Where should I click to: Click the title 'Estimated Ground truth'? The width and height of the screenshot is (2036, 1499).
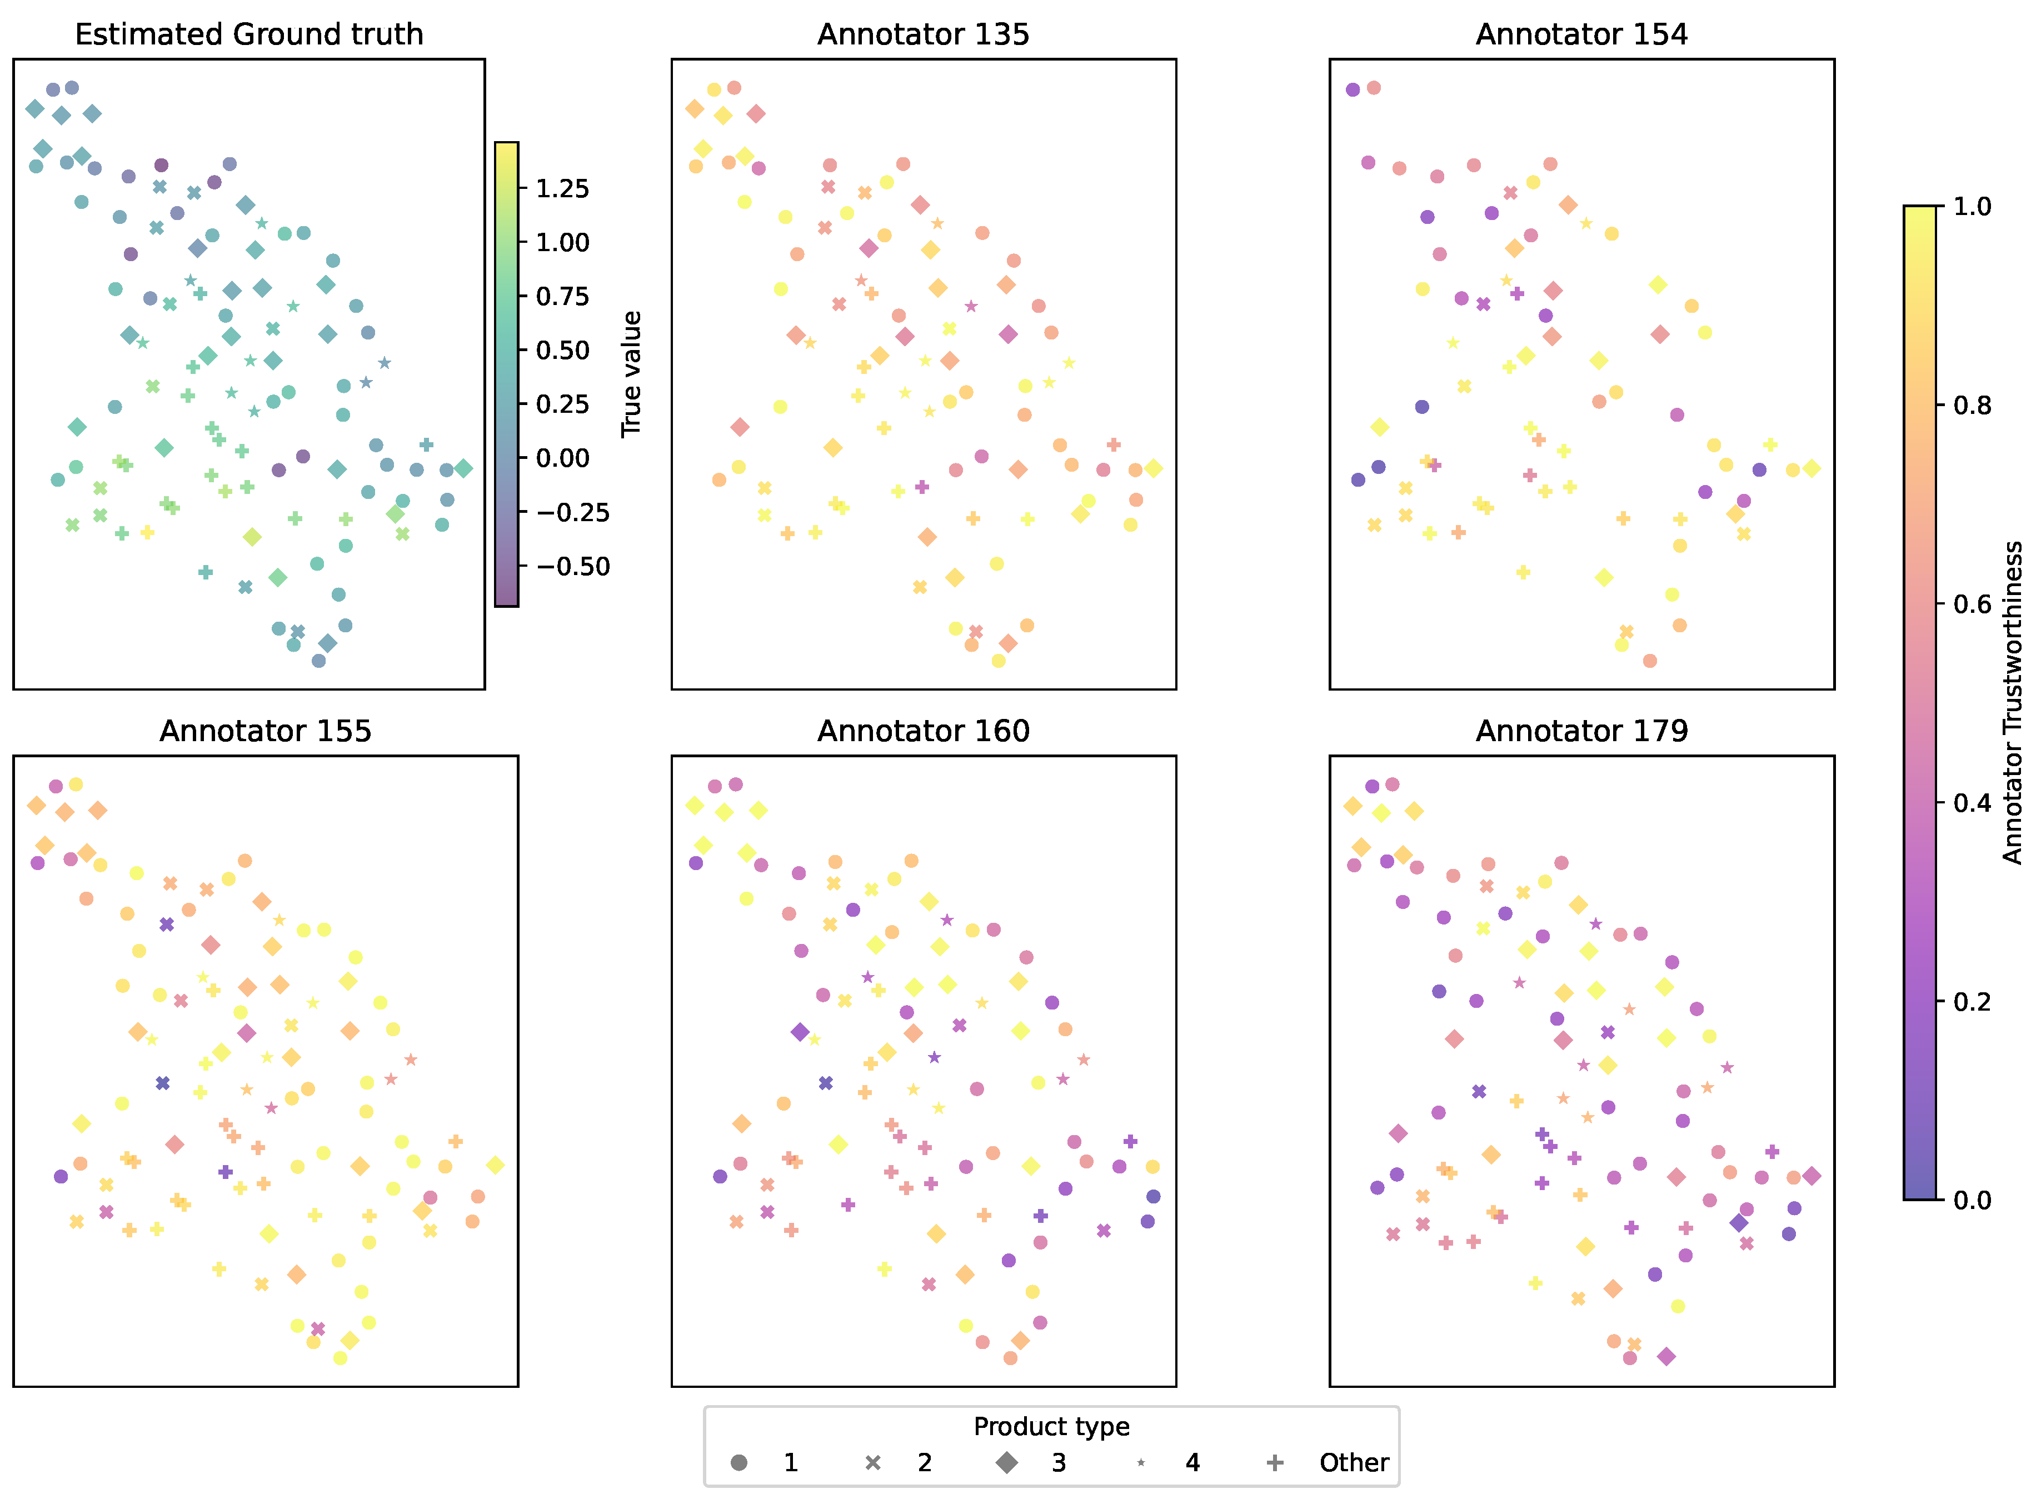click(248, 34)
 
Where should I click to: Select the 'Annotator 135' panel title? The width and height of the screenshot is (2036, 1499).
click(923, 34)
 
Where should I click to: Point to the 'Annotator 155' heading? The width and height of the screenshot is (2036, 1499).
click(265, 731)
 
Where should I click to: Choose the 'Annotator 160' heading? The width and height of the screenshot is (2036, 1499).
click(923, 731)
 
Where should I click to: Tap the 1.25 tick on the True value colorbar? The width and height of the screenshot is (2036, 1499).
click(562, 189)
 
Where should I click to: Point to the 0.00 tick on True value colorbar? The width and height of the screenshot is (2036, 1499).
click(562, 458)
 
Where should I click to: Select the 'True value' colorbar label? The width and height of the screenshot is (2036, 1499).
click(631, 374)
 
